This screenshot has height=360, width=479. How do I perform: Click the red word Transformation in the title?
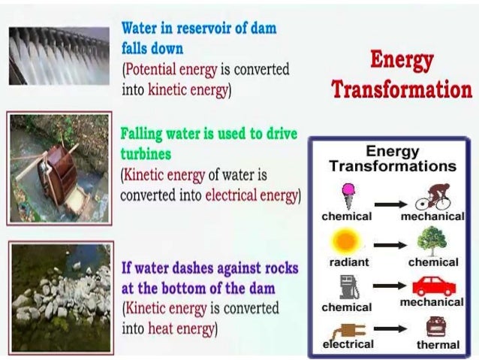(x=401, y=89)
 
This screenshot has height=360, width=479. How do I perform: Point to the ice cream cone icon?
(x=348, y=195)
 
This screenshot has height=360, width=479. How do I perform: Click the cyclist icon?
(x=432, y=195)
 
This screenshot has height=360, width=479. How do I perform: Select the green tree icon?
(x=432, y=241)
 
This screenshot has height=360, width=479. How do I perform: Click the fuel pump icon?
(x=348, y=286)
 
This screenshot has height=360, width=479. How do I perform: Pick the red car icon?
(x=432, y=286)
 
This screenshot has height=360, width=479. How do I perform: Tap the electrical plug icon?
(x=348, y=328)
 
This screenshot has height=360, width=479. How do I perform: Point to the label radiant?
(x=348, y=262)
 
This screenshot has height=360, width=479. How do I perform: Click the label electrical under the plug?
(x=348, y=344)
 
